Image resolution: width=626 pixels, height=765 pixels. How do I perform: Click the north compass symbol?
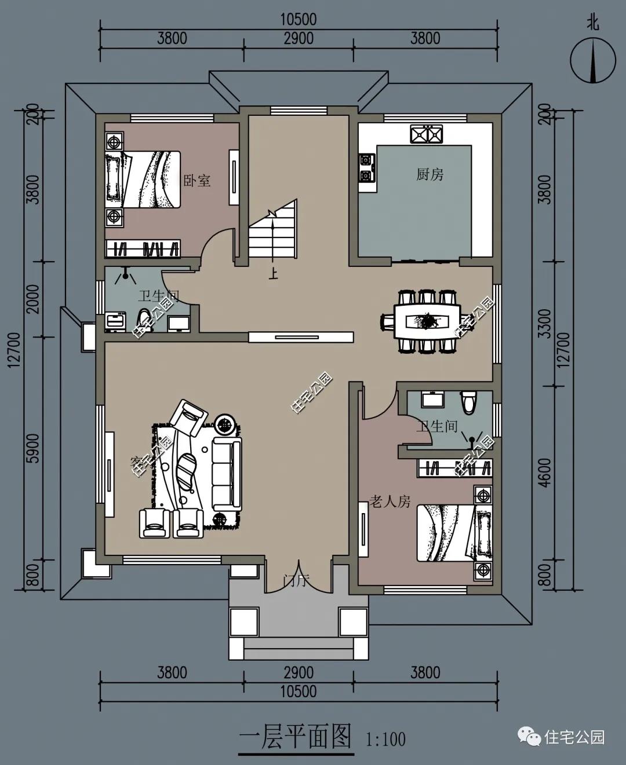592,59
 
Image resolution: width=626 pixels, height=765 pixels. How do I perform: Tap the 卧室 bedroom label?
197,181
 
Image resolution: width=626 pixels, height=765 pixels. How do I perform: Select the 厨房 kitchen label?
430,174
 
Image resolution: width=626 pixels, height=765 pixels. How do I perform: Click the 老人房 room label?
390,502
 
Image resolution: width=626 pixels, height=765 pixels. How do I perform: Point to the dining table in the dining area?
427,321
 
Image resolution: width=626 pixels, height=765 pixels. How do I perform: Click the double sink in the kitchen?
427,134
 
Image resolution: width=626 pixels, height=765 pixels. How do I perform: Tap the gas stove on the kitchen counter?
366,167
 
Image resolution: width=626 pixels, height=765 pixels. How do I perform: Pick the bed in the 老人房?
454,533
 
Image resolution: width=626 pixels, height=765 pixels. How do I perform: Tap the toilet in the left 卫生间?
143,320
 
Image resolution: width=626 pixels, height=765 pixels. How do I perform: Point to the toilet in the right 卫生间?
468,401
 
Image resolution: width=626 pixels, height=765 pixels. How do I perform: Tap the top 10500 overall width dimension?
299,20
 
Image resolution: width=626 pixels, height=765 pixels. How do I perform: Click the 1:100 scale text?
385,740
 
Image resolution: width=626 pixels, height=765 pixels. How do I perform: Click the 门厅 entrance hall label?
296,580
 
